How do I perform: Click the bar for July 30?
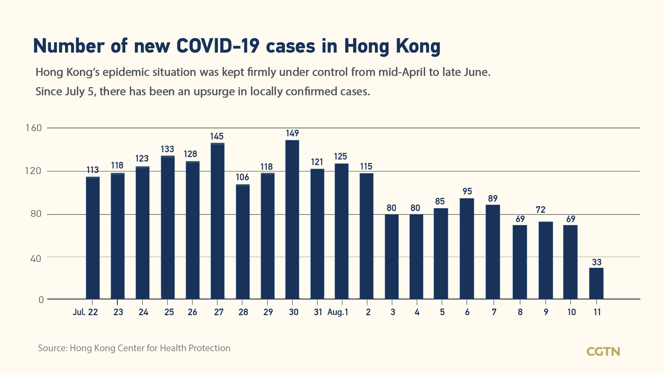click(x=292, y=219)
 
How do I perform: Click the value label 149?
click(x=292, y=133)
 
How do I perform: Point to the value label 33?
click(x=596, y=262)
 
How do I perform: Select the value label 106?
click(x=242, y=177)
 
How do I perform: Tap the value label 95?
click(x=467, y=191)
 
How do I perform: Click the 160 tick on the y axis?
click(x=34, y=128)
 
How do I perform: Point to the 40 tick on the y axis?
click(x=35, y=258)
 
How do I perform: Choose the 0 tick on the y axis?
click(x=41, y=300)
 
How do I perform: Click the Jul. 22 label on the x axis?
click(x=85, y=312)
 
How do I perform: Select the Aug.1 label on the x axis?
click(x=338, y=312)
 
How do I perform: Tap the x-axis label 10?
click(x=571, y=312)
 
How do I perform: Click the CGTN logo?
click(x=603, y=352)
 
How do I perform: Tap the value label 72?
click(x=540, y=210)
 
